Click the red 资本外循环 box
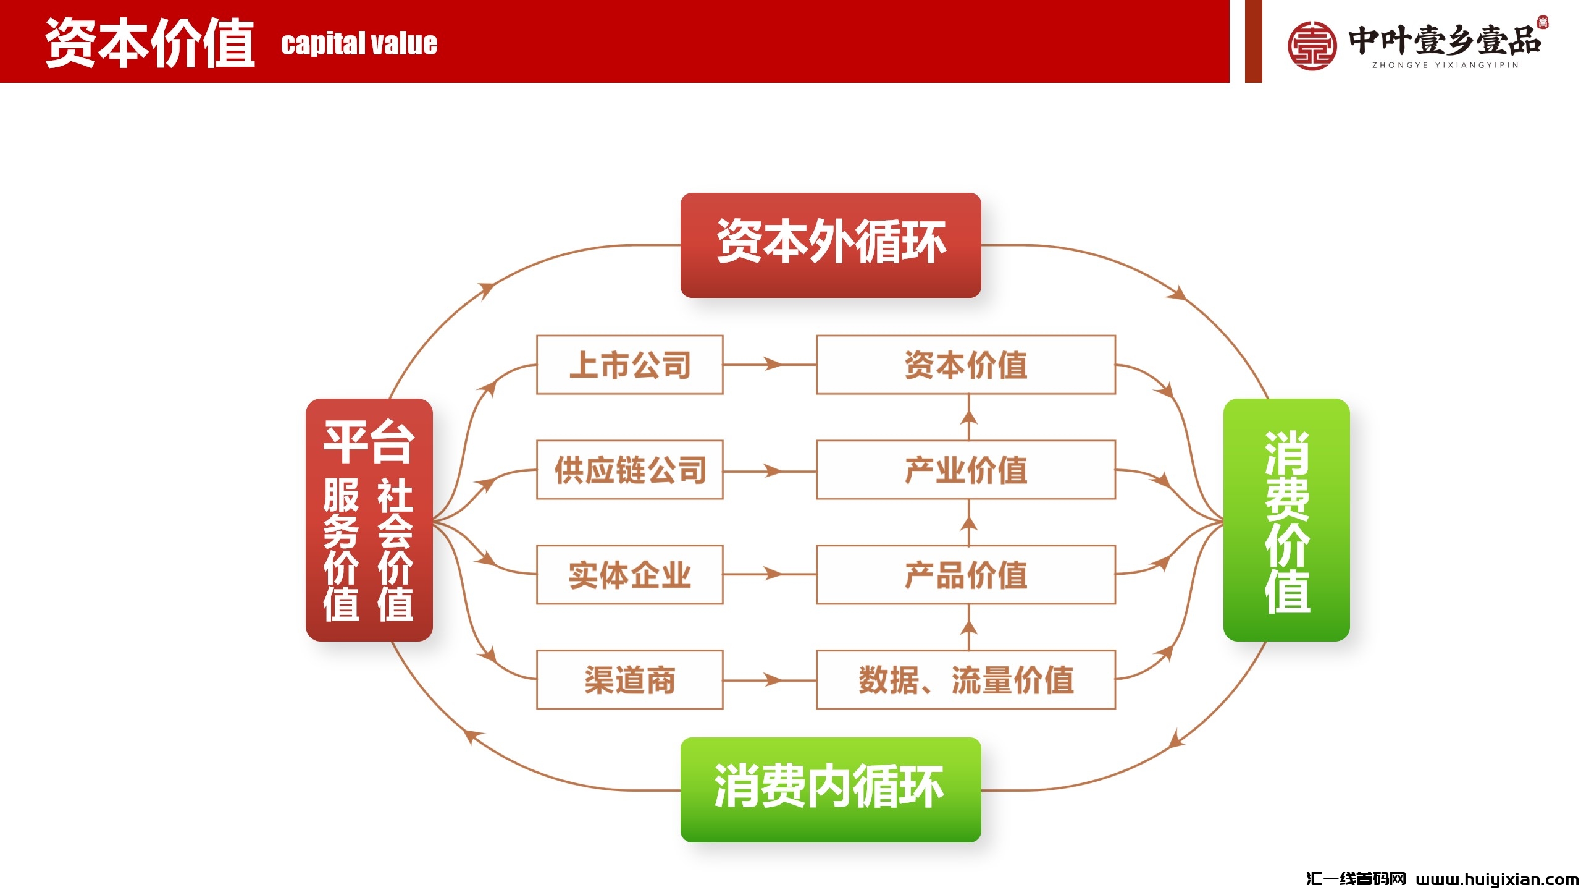(x=830, y=245)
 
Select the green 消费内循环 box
(x=830, y=789)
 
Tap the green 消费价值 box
(x=1286, y=520)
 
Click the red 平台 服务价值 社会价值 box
(x=369, y=520)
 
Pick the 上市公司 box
(x=629, y=365)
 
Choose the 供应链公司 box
(x=629, y=470)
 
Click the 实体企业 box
(x=629, y=575)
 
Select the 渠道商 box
(x=629, y=680)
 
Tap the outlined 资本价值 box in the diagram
(x=965, y=365)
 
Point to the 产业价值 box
(x=965, y=470)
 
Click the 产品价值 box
(x=965, y=575)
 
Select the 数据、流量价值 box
(x=965, y=680)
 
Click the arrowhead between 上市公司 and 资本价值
(x=772, y=364)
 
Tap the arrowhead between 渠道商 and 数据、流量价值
(x=772, y=680)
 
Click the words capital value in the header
(x=359, y=44)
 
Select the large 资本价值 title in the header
(x=150, y=42)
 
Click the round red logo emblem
(x=1312, y=45)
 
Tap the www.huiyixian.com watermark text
(x=1497, y=879)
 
